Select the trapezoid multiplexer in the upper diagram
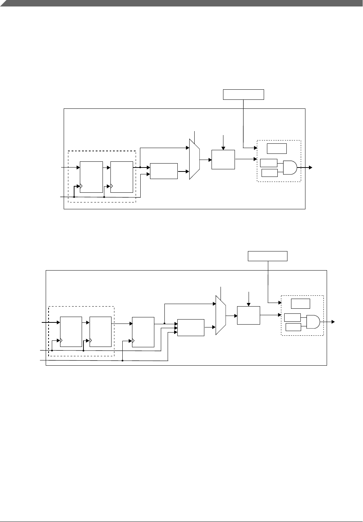click(x=194, y=159)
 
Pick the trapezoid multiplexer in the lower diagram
click(x=221, y=315)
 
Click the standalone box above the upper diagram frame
click(x=244, y=94)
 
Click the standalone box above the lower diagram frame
click(x=268, y=256)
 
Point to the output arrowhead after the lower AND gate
click(x=333, y=322)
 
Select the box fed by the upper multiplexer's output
click(x=223, y=159)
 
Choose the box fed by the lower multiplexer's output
click(x=249, y=315)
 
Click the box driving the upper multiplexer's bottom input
click(x=164, y=171)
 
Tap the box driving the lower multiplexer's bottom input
click(x=191, y=327)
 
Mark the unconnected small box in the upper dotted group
click(x=277, y=148)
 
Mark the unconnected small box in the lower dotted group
click(x=300, y=303)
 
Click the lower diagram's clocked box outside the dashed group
click(x=143, y=332)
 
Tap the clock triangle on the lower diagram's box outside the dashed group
click(x=134, y=340)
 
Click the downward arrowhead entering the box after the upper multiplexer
click(x=223, y=148)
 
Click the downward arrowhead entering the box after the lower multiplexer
click(x=249, y=304)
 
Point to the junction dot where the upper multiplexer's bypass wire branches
click(x=140, y=167)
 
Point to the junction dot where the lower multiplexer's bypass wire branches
click(x=164, y=323)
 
